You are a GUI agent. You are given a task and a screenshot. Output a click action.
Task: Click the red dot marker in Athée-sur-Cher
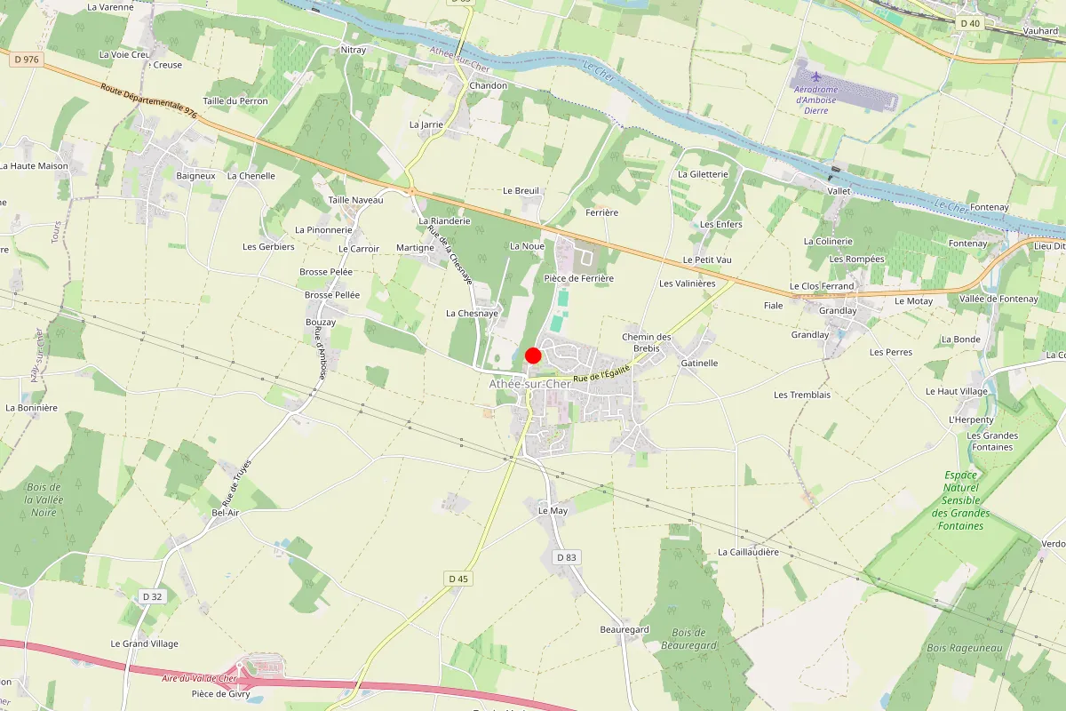533,355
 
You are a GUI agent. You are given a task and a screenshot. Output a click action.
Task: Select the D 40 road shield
969,23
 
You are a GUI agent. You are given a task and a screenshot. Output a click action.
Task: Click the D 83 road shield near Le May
566,557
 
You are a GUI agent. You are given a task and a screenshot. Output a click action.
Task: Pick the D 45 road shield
457,579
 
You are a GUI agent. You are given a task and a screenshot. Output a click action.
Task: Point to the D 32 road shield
152,596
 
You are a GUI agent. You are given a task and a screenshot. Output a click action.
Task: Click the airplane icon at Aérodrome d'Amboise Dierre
816,75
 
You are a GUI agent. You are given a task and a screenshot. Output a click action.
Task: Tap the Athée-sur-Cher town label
530,384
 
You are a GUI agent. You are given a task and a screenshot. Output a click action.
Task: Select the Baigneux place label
196,176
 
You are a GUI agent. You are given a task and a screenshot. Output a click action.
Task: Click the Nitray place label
354,50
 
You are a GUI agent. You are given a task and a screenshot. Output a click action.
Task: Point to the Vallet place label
839,191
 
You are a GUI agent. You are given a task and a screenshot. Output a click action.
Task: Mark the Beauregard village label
624,629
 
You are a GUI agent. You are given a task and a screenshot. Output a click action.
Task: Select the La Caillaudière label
748,552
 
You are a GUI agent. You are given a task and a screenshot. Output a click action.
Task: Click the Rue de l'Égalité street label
601,374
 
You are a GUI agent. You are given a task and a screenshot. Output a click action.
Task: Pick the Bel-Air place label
226,513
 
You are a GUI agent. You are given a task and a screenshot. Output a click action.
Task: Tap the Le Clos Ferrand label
822,286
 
